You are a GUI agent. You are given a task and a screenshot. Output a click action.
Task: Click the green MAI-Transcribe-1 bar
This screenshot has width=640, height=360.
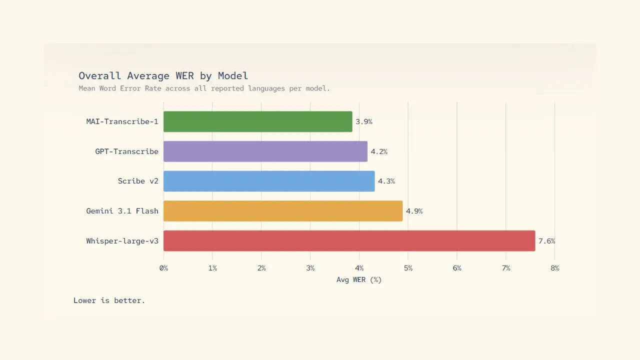pyautogui.click(x=257, y=121)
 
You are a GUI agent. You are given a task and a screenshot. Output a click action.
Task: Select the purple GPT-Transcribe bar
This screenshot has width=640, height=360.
pyautogui.click(x=265, y=151)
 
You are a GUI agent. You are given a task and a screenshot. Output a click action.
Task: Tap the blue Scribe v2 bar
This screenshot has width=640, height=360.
pyautogui.click(x=268, y=181)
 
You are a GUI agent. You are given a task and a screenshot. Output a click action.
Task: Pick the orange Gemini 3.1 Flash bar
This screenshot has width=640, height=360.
pyautogui.click(x=282, y=211)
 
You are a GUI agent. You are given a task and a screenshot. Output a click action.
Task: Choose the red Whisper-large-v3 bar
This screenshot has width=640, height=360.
pyautogui.click(x=349, y=241)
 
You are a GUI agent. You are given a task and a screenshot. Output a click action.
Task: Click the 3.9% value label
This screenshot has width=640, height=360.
pyautogui.click(x=364, y=121)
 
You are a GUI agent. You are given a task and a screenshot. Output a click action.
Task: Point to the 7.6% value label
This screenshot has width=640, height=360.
pyautogui.click(x=546, y=241)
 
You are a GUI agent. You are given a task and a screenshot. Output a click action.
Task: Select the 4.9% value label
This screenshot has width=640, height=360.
pyautogui.click(x=414, y=211)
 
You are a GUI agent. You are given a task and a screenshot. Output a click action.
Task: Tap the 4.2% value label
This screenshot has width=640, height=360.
pyautogui.click(x=379, y=151)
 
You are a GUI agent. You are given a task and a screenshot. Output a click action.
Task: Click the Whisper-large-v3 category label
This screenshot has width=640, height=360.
pyautogui.click(x=122, y=241)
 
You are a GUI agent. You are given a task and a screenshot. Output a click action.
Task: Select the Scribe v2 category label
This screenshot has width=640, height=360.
pyautogui.click(x=138, y=181)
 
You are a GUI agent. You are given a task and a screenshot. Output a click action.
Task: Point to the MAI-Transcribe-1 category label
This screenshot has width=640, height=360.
pyautogui.click(x=122, y=121)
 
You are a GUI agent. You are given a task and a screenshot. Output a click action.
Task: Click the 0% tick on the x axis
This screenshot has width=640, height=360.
pyautogui.click(x=163, y=268)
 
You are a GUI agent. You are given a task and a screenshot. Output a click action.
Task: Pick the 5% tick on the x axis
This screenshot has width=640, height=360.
pyautogui.click(x=408, y=268)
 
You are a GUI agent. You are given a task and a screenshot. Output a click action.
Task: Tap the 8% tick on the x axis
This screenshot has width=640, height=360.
pyautogui.click(x=554, y=268)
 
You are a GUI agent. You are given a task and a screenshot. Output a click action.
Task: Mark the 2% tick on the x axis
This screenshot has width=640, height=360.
pyautogui.click(x=261, y=268)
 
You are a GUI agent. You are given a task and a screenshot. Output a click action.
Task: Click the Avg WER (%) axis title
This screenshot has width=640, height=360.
pyautogui.click(x=359, y=279)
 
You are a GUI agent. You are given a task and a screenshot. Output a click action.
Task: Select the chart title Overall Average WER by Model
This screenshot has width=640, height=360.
pyautogui.click(x=163, y=76)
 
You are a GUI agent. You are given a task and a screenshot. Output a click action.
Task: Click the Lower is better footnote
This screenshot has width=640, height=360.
pyautogui.click(x=109, y=300)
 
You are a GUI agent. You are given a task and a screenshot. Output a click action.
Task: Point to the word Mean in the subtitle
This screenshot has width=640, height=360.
pyautogui.click(x=87, y=88)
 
